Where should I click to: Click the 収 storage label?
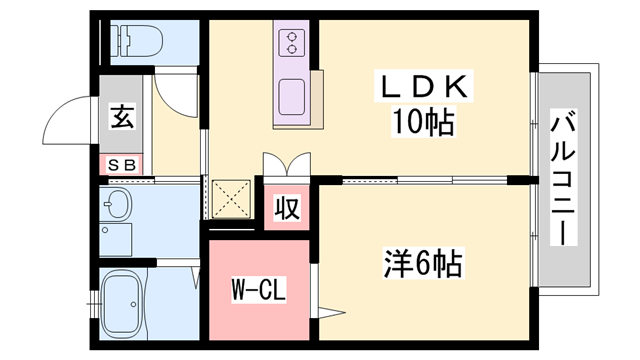pos(287,210)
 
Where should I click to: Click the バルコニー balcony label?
pos(561,180)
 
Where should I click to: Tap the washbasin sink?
pos(117,207)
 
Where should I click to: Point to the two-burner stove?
pos(291,42)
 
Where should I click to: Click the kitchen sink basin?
pos(293,96)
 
